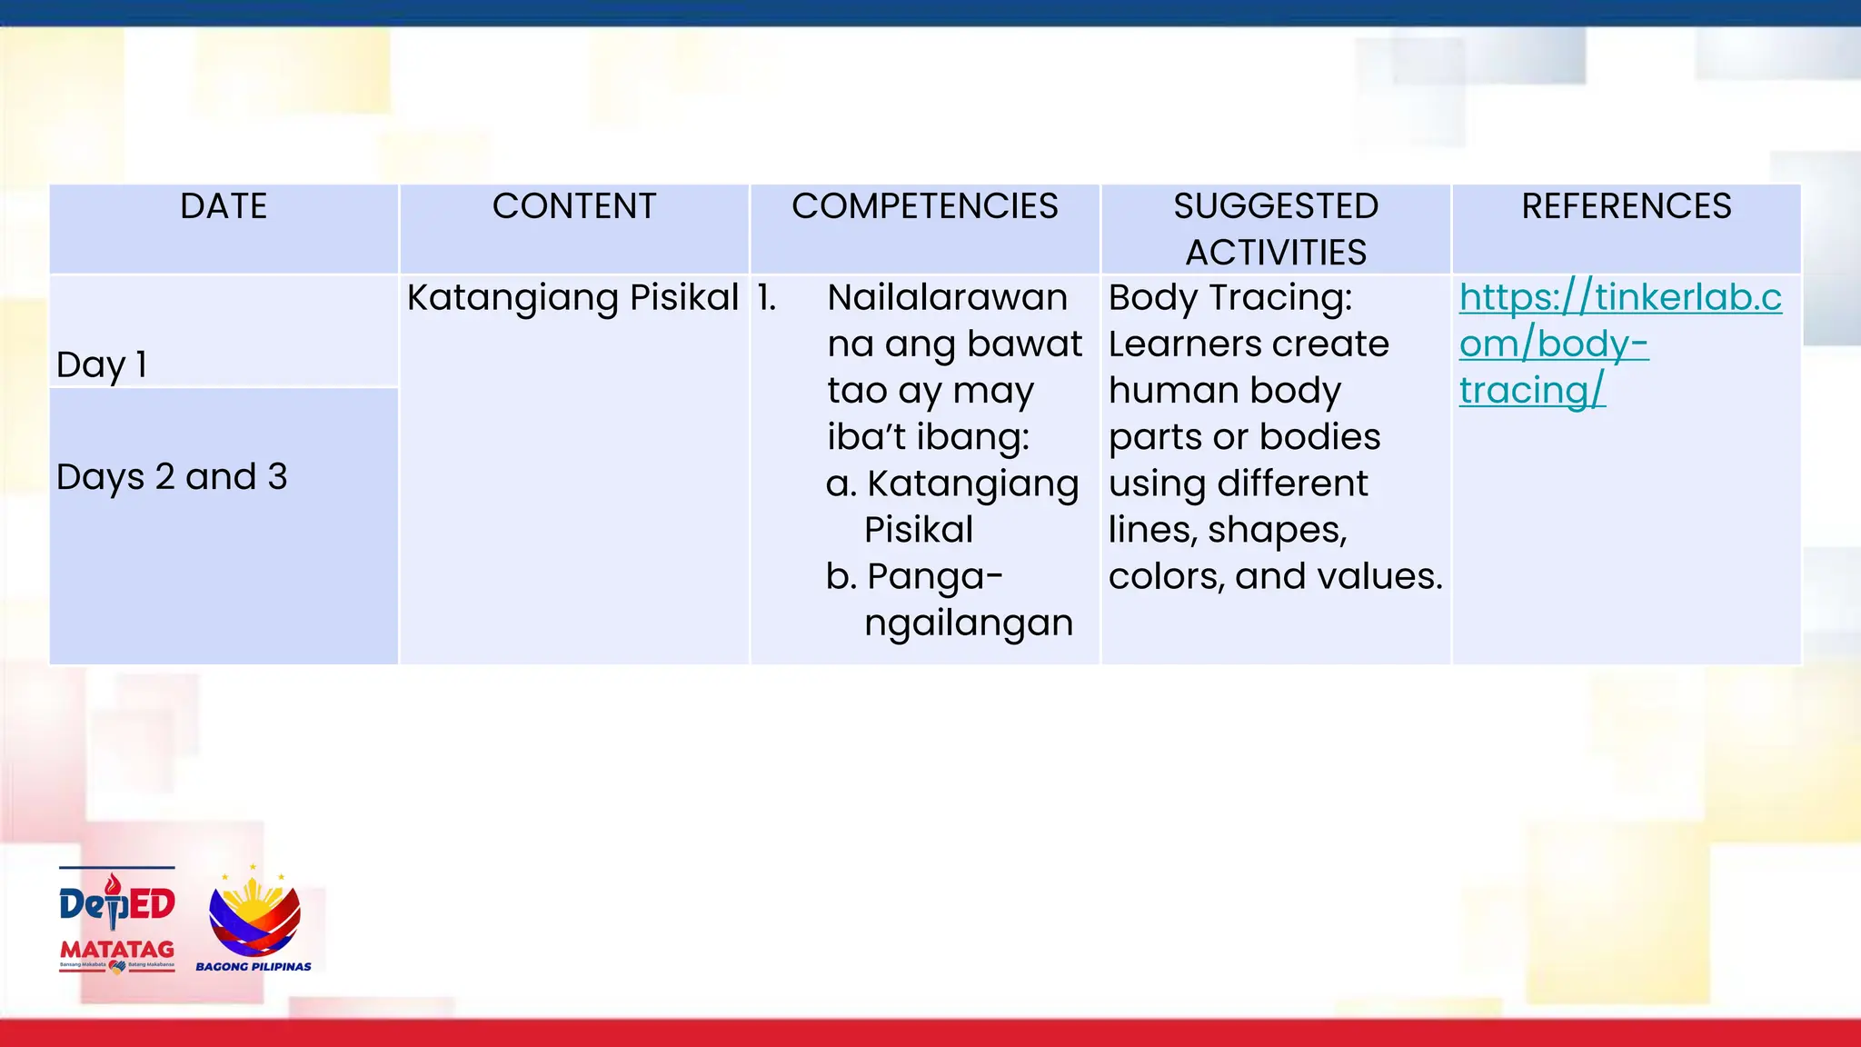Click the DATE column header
[x=224, y=207]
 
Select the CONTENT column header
[x=574, y=207]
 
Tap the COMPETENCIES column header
[x=924, y=207]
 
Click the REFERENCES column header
[x=1627, y=207]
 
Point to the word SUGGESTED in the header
[x=1276, y=207]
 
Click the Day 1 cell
[x=102, y=364]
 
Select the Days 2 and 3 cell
[x=172, y=477]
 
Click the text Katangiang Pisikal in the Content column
[x=572, y=298]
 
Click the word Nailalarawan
[x=947, y=298]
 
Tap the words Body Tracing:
[x=1229, y=298]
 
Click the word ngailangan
[x=968, y=623]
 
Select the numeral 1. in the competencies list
[x=767, y=298]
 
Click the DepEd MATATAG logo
[x=117, y=920]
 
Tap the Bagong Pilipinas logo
[x=254, y=920]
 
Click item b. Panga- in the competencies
[x=914, y=576]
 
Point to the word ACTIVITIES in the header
[x=1276, y=253]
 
